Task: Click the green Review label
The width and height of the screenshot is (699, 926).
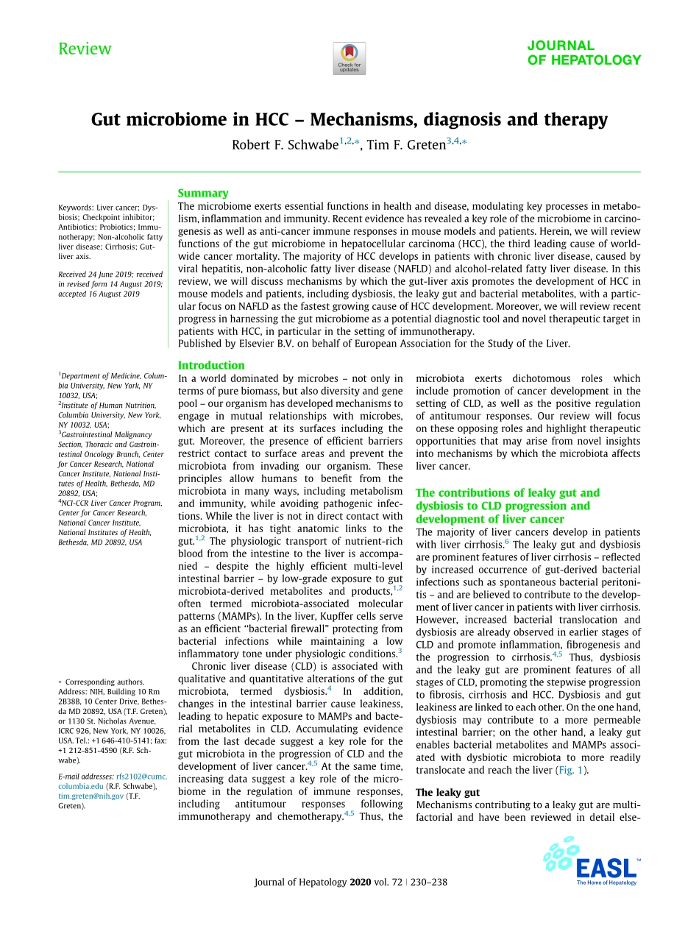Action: point(85,49)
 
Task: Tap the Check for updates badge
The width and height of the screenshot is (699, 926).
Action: point(349,58)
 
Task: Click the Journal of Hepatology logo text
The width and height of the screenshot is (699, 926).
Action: point(583,53)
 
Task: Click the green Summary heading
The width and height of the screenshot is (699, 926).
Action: point(203,193)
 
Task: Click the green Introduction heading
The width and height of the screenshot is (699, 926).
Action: point(211,365)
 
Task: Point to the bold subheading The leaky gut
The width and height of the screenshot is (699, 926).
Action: point(447,792)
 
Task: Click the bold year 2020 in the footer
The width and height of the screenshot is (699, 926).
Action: point(361,882)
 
